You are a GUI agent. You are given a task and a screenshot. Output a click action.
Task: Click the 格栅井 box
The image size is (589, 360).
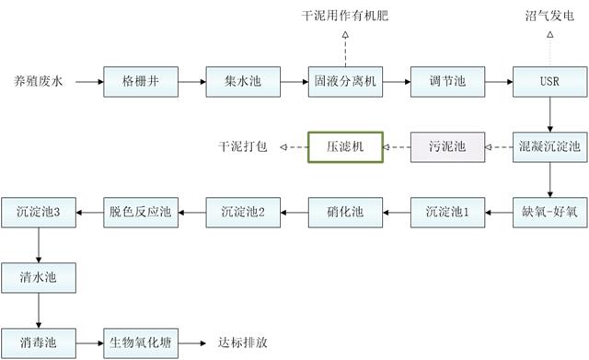tap(140, 81)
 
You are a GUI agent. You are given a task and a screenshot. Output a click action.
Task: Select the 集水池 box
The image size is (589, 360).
tap(242, 81)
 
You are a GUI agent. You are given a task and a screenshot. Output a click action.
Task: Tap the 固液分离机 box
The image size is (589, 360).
tap(344, 81)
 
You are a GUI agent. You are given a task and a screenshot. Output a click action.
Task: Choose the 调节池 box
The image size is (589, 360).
tap(446, 81)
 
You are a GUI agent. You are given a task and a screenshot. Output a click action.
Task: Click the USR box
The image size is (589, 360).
tap(549, 81)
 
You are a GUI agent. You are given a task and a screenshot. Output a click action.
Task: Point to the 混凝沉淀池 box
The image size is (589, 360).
tap(549, 146)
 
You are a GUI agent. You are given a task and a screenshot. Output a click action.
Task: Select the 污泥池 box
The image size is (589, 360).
tap(446, 146)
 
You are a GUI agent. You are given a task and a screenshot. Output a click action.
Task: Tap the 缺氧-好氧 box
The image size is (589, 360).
tap(549, 212)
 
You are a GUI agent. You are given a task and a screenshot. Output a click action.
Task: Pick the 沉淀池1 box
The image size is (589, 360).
tap(446, 212)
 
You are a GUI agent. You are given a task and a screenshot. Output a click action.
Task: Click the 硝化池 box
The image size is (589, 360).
tap(344, 212)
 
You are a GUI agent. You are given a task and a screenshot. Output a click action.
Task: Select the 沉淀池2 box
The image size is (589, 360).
tap(242, 212)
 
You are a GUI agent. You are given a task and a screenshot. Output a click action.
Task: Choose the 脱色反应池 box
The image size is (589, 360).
tap(140, 212)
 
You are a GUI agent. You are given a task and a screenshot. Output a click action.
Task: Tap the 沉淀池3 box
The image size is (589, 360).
tap(39, 212)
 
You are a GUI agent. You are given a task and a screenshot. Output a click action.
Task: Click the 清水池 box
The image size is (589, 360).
tap(39, 276)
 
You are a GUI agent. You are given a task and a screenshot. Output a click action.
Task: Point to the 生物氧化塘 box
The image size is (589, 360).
tap(140, 341)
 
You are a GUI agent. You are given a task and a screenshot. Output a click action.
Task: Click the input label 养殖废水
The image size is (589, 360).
tap(38, 81)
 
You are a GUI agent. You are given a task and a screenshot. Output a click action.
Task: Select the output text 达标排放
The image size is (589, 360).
tap(243, 342)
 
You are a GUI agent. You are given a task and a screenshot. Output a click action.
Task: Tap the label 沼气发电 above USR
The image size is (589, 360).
tap(549, 17)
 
